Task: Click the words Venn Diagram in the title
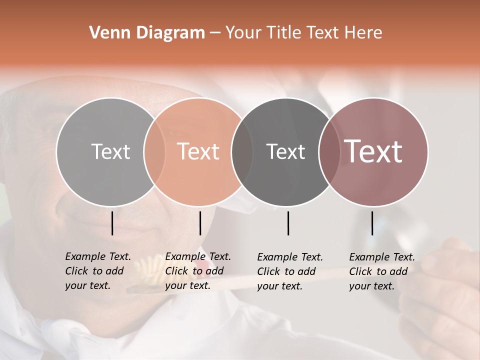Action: click(147, 33)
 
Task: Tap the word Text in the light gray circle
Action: click(110, 151)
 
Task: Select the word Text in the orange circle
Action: click(198, 151)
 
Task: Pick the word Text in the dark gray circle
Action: click(285, 151)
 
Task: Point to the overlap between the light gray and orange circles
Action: click(154, 151)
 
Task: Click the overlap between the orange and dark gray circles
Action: click(242, 151)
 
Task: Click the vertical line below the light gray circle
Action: click(112, 223)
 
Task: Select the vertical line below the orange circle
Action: click(200, 223)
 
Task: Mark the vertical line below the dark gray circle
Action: click(288, 223)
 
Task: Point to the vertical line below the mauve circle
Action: click(372, 223)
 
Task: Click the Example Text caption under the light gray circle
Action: click(98, 271)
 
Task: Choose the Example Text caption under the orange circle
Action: click(198, 271)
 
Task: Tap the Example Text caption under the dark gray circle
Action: click(290, 271)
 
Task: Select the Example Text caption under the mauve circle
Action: click(382, 271)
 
